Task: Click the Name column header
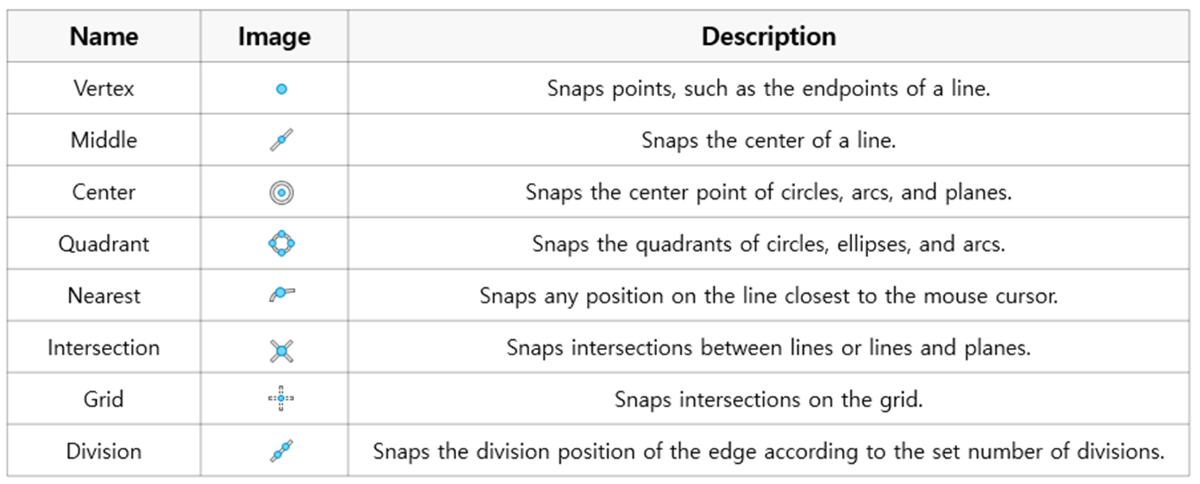104,36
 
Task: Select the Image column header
274,37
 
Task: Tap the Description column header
768,36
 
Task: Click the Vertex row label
104,88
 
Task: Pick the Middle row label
104,140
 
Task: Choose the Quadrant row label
104,245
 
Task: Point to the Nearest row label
104,296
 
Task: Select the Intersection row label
104,348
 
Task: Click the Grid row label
104,400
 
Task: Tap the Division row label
104,452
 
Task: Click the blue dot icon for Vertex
281,89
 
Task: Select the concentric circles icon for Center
281,193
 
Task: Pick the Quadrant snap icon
281,244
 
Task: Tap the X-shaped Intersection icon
281,352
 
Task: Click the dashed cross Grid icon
281,398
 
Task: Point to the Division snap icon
281,451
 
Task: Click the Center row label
104,192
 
